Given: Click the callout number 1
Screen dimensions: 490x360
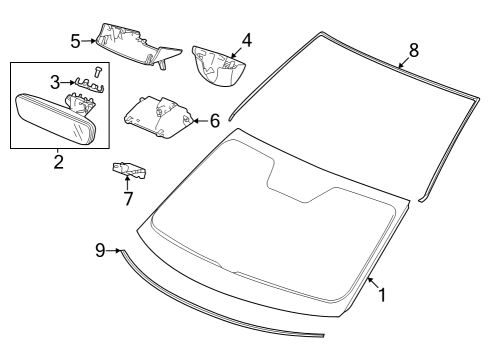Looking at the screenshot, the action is (382, 295).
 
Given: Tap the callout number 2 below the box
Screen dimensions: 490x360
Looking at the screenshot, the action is (58, 162).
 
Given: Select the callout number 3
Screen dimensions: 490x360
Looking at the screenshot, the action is (55, 82).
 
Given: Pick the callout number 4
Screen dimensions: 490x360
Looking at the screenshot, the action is (247, 40).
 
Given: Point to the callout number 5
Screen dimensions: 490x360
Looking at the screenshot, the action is (75, 42).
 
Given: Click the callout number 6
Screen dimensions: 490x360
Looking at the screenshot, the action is (215, 121).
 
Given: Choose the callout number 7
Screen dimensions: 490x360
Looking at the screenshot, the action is (128, 199).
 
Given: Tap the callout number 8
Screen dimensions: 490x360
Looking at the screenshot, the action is (413, 51).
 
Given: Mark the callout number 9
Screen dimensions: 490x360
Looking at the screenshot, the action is (100, 250).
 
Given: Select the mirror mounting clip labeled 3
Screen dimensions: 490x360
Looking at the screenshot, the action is (89, 85).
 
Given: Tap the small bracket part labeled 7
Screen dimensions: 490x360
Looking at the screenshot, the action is (129, 170).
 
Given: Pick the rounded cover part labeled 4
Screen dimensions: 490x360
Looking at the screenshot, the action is (218, 66).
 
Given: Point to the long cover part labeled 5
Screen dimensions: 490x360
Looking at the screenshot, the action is (138, 45).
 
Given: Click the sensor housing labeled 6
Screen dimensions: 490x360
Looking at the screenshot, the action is (159, 117).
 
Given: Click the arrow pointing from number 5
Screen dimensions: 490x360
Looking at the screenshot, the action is (88, 41).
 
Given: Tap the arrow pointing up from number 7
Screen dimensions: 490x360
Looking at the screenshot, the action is (127, 182).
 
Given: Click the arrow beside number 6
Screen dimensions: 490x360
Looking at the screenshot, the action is (201, 121).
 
